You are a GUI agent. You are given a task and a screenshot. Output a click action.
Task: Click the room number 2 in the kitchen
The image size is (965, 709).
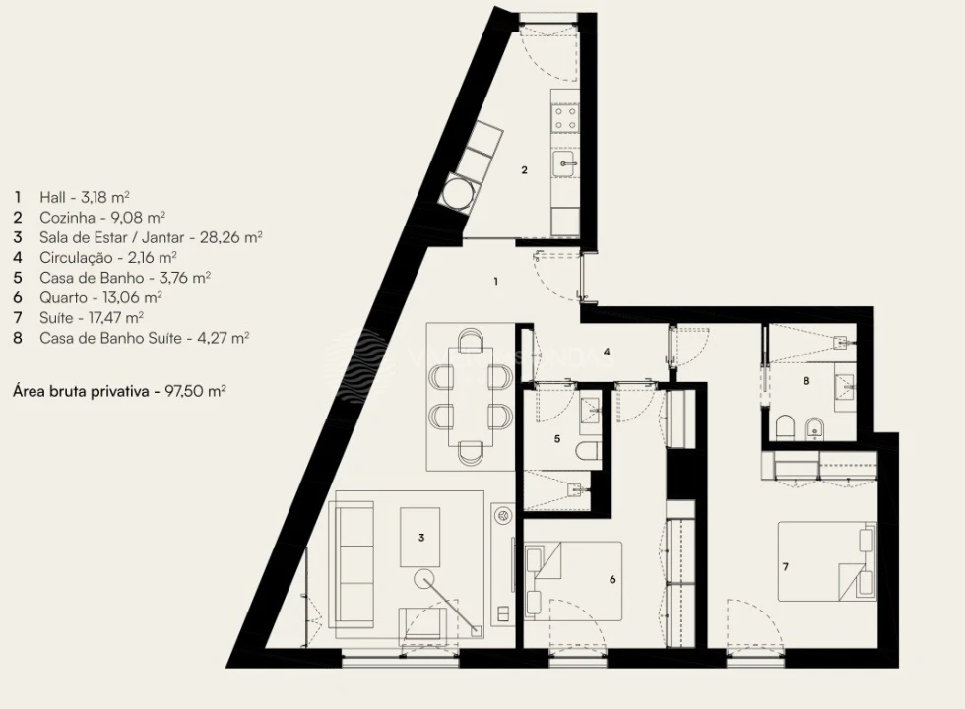pyautogui.click(x=524, y=170)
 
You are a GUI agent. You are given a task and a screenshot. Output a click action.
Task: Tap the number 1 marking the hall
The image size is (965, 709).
pyautogui.click(x=495, y=282)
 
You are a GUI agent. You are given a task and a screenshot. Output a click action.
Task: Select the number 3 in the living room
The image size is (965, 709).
pyautogui.click(x=420, y=538)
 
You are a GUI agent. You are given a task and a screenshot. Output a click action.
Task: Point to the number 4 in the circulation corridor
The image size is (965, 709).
pyautogui.click(x=608, y=352)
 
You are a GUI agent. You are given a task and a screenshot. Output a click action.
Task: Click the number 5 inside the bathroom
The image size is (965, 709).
pyautogui.click(x=556, y=438)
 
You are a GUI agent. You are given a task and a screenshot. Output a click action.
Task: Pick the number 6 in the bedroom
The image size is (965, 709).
pyautogui.click(x=612, y=580)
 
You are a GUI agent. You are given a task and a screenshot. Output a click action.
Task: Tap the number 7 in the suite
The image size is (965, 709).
pyautogui.click(x=786, y=567)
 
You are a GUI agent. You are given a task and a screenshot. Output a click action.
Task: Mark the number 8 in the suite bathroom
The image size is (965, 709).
pyautogui.click(x=805, y=380)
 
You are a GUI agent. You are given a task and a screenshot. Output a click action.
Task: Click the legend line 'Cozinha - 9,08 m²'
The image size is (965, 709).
pyautogui.click(x=102, y=217)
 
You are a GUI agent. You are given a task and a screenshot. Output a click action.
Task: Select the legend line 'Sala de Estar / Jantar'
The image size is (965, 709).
pyautogui.click(x=151, y=237)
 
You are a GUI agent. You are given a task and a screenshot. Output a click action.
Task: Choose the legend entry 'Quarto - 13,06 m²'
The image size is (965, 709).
pyautogui.click(x=100, y=296)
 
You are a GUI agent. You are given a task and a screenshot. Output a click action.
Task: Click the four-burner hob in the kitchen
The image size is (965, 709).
pyautogui.click(x=565, y=119)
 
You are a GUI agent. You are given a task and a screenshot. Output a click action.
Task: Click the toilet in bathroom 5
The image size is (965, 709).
pyautogui.click(x=589, y=452)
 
